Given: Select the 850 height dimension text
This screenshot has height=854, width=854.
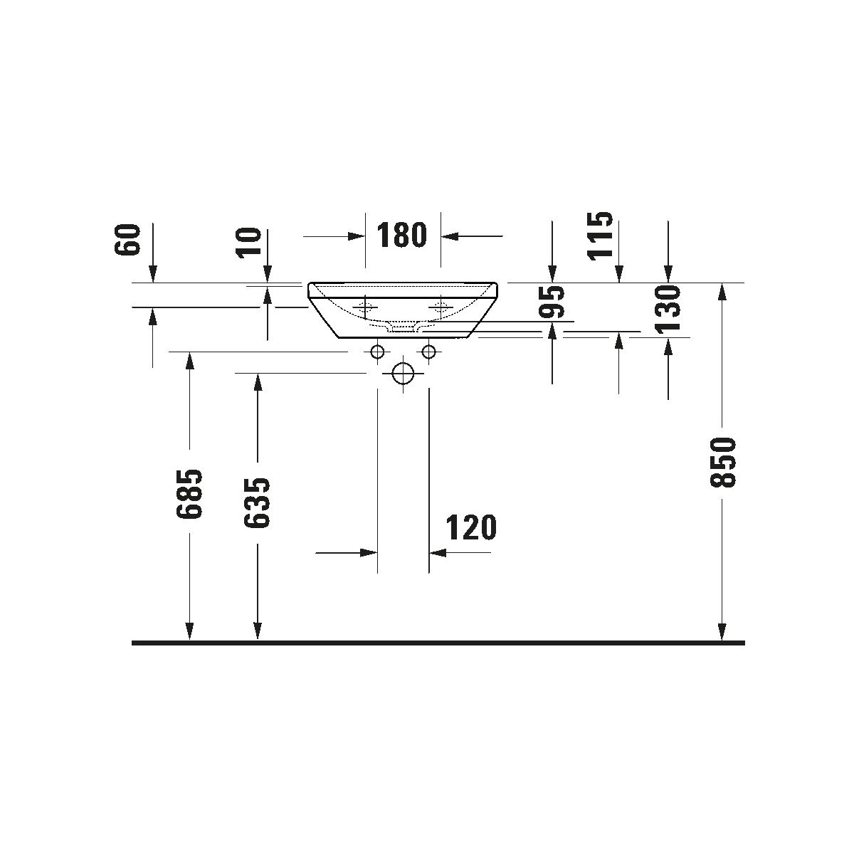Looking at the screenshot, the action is (723, 463).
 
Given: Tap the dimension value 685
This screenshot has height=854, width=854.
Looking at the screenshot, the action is (189, 493).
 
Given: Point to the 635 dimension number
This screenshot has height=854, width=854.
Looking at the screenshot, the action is (257, 503).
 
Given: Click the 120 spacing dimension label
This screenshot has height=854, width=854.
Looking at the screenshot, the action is (470, 527).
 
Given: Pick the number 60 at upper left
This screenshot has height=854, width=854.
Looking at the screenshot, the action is (127, 240).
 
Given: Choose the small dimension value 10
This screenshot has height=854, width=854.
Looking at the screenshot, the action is (248, 243).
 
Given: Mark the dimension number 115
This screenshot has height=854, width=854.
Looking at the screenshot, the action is (600, 235).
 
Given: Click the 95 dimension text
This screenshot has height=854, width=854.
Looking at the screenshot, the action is (552, 302).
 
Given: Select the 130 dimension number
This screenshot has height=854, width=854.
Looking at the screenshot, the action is (668, 310).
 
